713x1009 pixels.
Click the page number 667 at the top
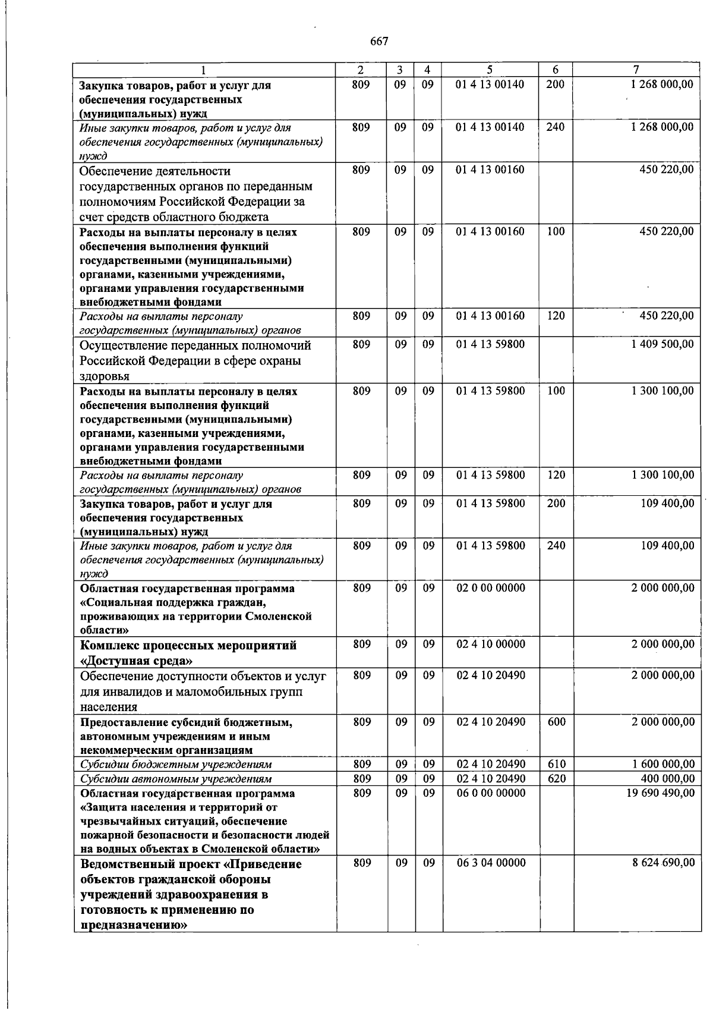(379, 41)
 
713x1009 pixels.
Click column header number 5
(490, 70)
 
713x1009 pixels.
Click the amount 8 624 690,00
(663, 863)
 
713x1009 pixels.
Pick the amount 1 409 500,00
(662, 344)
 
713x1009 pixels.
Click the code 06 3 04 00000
(491, 863)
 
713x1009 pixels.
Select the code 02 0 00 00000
(491, 588)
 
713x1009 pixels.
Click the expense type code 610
(556, 765)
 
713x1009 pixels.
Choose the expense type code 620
(556, 779)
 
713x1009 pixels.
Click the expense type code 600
(556, 722)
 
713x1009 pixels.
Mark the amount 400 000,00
(668, 779)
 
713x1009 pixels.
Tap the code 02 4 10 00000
(491, 645)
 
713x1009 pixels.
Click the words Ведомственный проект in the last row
(151, 864)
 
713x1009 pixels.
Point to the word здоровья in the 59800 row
(105, 376)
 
